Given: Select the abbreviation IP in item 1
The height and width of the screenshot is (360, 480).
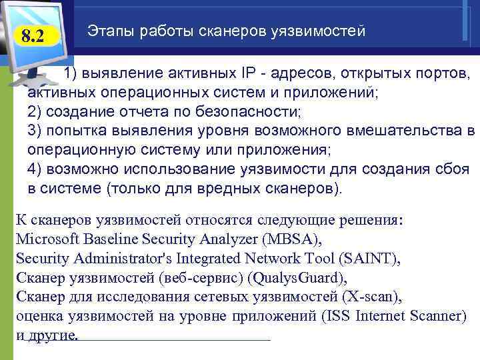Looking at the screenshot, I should point(242,72).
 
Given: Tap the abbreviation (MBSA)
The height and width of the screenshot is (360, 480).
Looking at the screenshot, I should point(291,239).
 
